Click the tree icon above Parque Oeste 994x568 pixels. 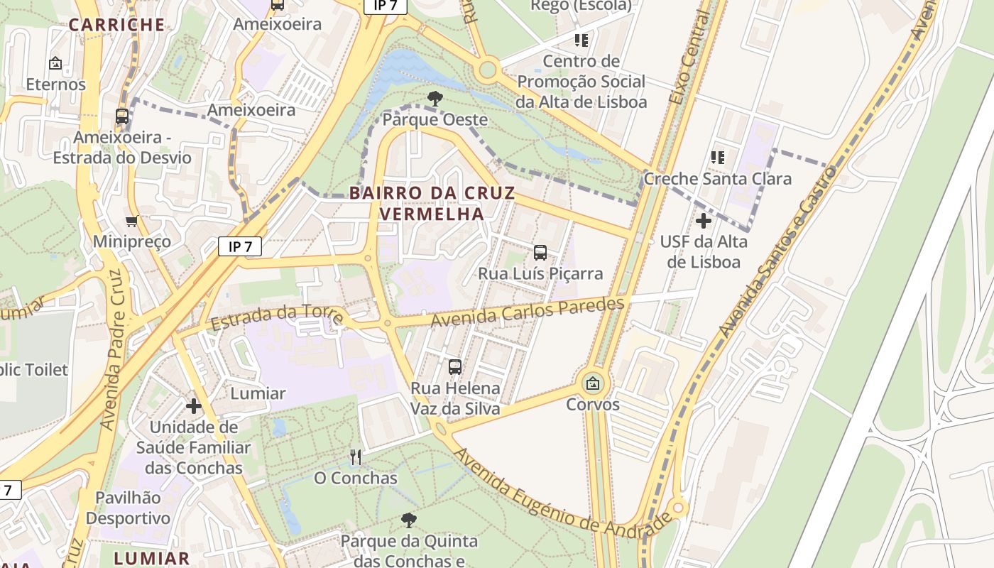435,99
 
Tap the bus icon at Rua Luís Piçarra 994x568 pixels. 540,252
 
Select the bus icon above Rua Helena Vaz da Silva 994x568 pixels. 455,367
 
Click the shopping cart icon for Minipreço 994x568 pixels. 131,221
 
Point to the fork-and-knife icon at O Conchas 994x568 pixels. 356,457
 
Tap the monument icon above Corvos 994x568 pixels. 593,384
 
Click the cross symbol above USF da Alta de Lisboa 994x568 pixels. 704,221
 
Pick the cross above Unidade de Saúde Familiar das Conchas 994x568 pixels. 193,406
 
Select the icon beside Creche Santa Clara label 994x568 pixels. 718,157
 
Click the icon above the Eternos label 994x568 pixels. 55,63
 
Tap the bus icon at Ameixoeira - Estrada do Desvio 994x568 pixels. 122,116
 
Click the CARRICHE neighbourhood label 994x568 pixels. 117,25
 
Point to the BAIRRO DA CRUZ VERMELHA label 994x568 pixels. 432,203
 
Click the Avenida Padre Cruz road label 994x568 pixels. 112,349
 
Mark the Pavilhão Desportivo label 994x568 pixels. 129,508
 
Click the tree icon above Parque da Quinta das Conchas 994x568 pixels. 409,521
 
